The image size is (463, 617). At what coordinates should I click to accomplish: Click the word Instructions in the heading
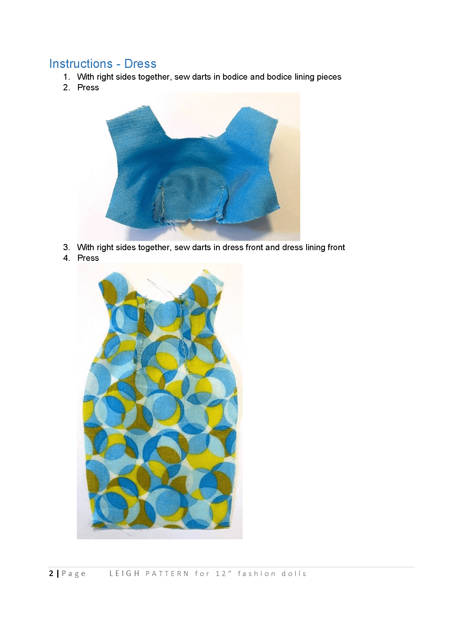(81, 64)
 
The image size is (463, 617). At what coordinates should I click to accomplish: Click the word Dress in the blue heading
(140, 64)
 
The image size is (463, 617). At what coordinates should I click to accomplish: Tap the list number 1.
(66, 77)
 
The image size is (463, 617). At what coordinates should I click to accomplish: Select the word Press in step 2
(88, 88)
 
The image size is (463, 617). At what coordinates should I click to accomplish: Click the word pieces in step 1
(329, 77)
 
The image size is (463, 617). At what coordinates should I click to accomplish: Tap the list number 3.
(66, 247)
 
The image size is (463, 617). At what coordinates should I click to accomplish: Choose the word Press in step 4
(88, 258)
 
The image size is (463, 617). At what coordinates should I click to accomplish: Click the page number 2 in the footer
(51, 574)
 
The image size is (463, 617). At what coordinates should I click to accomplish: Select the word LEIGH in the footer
(124, 574)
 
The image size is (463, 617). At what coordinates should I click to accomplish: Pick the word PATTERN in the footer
(167, 574)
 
